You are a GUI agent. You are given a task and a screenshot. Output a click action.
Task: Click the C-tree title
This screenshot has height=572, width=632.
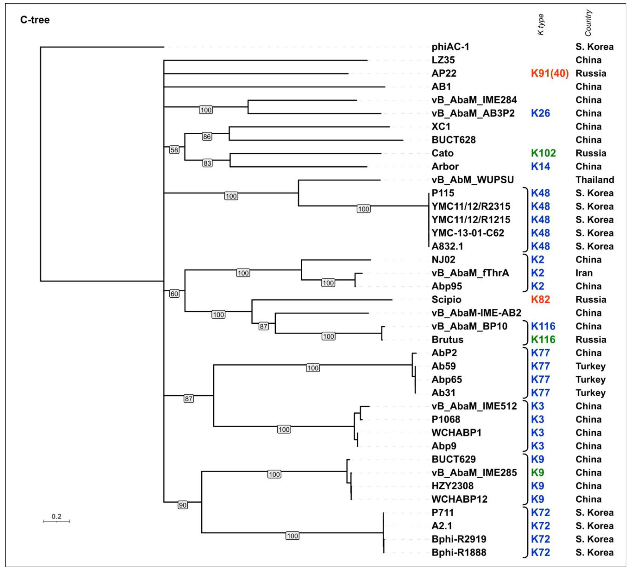click(x=35, y=20)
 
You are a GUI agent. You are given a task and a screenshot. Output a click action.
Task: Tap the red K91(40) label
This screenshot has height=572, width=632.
click(x=550, y=73)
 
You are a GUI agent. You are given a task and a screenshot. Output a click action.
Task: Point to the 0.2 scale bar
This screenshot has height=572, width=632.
click(x=56, y=521)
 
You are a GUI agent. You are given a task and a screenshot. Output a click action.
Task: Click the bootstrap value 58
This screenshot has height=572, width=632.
click(x=174, y=150)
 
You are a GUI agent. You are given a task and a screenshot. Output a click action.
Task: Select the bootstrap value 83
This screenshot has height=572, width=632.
click(x=207, y=163)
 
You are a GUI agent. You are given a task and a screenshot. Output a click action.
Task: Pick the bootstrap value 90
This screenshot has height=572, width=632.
click(x=183, y=505)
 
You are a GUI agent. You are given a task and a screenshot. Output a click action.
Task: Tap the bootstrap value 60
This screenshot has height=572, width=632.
click(x=174, y=294)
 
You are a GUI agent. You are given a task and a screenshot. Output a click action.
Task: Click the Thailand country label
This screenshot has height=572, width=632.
click(x=594, y=180)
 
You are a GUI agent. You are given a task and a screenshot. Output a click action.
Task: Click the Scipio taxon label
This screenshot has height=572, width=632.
click(x=446, y=300)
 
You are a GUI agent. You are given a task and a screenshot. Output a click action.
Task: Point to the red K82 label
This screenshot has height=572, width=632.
click(x=540, y=300)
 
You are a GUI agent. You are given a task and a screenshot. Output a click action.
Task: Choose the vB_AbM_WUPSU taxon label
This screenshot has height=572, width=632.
click(x=472, y=180)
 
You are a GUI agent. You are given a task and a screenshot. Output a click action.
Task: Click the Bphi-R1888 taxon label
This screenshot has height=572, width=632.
click(x=459, y=552)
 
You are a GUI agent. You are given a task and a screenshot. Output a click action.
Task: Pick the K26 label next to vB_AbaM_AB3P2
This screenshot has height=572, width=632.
click(x=540, y=113)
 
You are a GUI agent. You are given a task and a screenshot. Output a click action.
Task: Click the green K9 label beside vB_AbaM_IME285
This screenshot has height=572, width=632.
click(x=537, y=473)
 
